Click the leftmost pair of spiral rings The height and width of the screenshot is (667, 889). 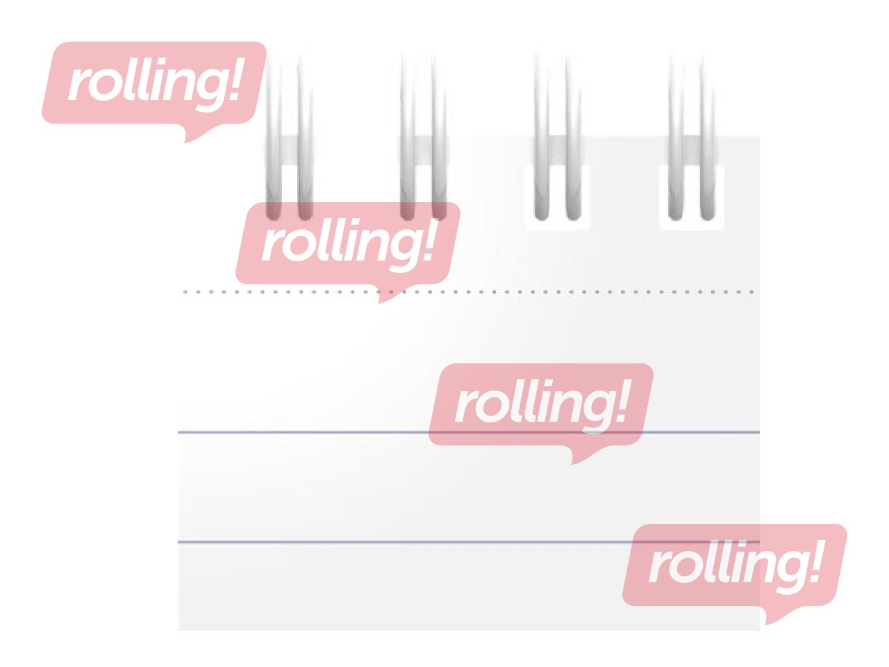(289, 137)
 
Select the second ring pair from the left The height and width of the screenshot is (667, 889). (423, 137)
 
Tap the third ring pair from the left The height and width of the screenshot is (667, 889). (558, 137)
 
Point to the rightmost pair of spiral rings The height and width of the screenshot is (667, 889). (692, 137)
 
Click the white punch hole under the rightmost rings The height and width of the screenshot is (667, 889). (692, 197)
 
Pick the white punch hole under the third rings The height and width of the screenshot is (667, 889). (558, 197)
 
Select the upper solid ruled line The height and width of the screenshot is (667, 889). (469, 432)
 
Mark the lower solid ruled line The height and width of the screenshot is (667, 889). (469, 542)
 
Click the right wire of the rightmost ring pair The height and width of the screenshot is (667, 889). (708, 137)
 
